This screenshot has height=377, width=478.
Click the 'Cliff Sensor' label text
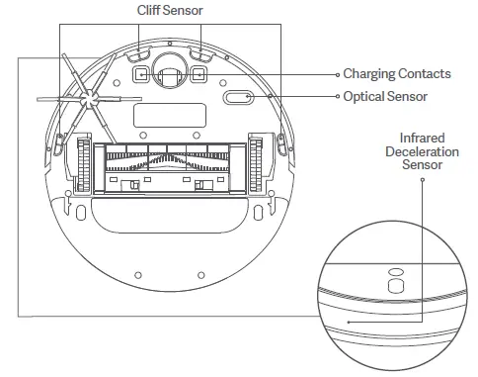click(169, 10)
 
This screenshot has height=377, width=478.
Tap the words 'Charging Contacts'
click(396, 73)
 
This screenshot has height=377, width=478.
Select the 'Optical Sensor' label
click(385, 96)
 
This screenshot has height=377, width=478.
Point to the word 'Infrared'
click(422, 138)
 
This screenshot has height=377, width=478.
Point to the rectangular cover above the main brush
click(169, 113)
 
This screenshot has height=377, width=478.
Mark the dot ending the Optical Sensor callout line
click(335, 96)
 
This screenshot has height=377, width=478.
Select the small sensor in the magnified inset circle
click(394, 282)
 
